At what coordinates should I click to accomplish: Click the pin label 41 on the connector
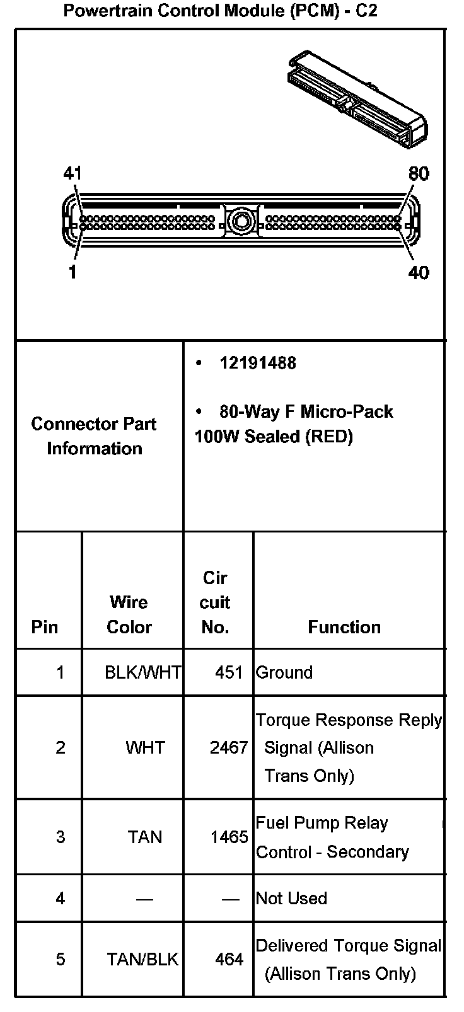[72, 173]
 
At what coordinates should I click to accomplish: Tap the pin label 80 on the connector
[419, 173]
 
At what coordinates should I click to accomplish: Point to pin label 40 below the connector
[419, 272]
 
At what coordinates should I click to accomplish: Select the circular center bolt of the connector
[240, 221]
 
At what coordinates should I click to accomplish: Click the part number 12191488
[257, 363]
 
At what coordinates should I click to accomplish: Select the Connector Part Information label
[94, 436]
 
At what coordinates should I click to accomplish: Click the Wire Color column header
[129, 614]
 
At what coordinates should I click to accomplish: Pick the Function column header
[344, 627]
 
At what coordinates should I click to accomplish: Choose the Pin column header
[44, 627]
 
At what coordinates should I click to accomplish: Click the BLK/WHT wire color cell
[143, 672]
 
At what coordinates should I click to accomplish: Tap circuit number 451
[229, 672]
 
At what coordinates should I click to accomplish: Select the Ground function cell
[284, 672]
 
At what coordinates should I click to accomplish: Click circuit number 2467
[229, 748]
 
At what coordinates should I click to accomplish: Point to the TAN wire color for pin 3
[145, 837]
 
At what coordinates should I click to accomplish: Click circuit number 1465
[229, 837]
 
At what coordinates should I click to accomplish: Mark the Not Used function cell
[291, 898]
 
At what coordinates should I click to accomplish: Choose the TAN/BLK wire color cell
[142, 959]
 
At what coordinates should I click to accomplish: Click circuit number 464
[229, 959]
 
